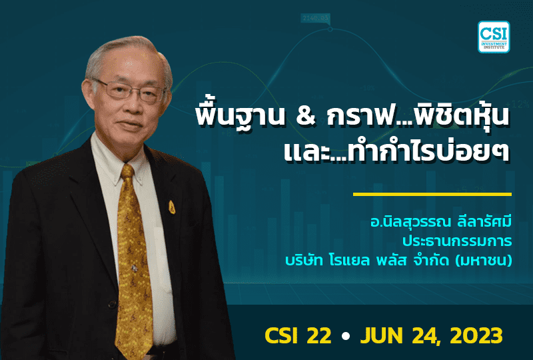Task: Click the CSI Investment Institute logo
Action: [x=494, y=37]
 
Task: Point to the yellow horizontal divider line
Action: [x=432, y=195]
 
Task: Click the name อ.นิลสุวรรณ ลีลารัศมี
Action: [x=450, y=221]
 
